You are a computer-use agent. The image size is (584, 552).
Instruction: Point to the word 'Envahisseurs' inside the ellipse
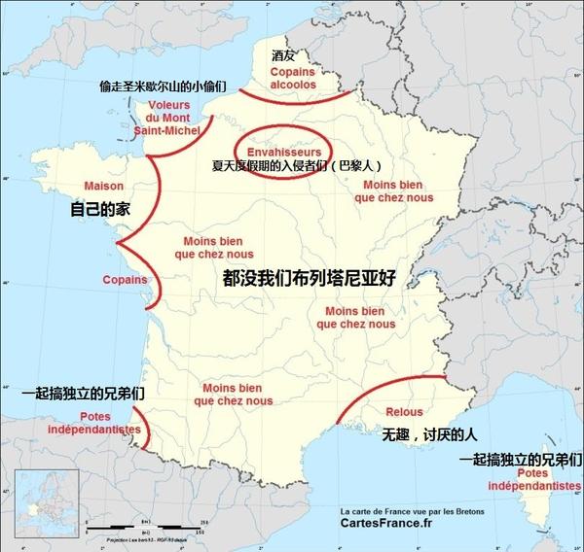[278, 152]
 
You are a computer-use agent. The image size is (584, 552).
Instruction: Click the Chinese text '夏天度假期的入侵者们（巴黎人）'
[292, 166]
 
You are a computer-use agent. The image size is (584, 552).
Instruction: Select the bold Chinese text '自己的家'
[99, 209]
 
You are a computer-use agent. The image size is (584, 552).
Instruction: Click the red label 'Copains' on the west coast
[125, 280]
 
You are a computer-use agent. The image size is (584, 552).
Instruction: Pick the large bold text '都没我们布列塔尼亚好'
[311, 278]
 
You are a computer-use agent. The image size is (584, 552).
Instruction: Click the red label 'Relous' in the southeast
[403, 412]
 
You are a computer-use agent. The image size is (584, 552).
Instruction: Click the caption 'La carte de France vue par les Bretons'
[412, 509]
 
